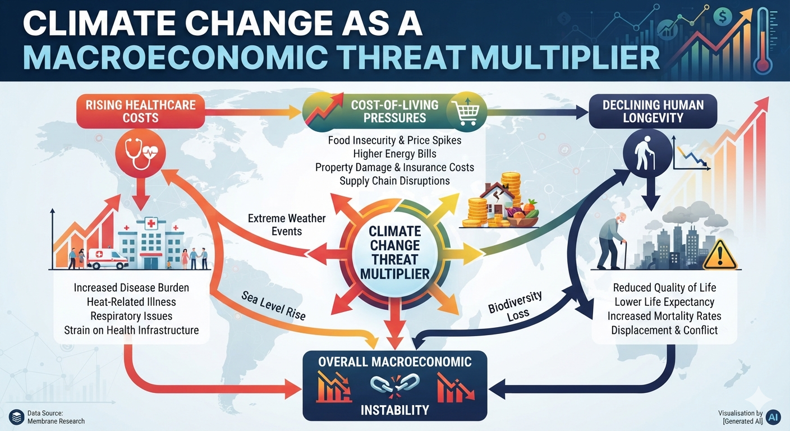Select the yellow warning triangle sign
pos(719,255)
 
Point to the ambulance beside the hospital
pos(107,259)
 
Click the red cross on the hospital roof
pos(151,223)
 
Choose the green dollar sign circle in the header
pos(723,17)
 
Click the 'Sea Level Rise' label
pos(273,305)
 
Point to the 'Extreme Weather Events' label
pos(286,224)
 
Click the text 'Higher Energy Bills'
pos(394,154)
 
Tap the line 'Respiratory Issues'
pos(131,315)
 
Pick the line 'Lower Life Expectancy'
pos(664,301)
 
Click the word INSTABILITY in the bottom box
pos(394,410)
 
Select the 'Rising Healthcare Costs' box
pos(140,111)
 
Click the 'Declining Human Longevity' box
pos(653,111)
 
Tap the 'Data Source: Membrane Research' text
pos(56,417)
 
